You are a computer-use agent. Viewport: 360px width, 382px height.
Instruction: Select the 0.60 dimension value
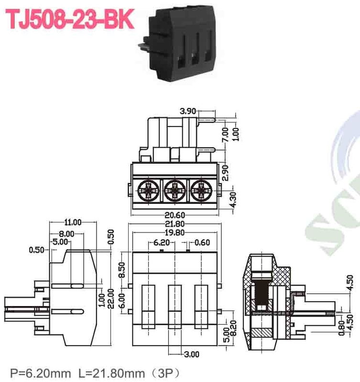coord(202,242)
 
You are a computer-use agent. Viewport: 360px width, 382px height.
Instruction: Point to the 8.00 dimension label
coord(66,233)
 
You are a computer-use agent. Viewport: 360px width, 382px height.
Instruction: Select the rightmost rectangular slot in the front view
coord(201,304)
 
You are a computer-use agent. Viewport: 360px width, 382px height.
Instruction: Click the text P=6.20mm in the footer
coord(38,371)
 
